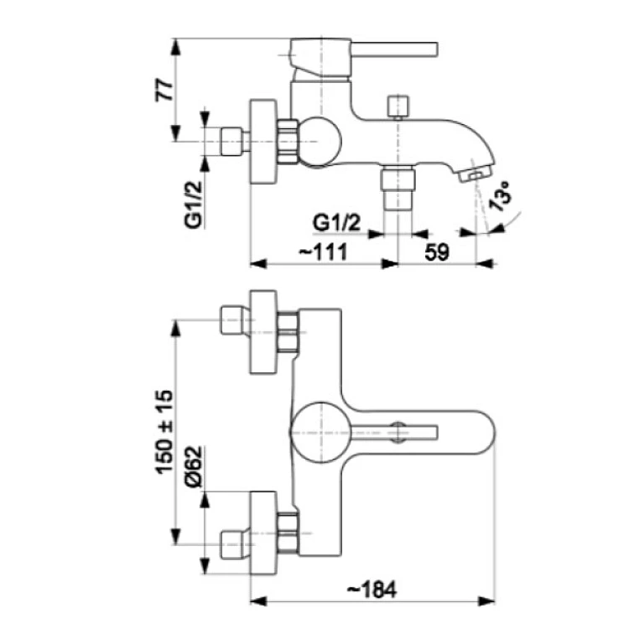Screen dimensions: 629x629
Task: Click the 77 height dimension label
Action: click(164, 90)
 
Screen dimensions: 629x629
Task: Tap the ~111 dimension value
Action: click(324, 252)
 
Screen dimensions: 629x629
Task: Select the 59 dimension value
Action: click(437, 252)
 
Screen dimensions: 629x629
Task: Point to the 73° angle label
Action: click(500, 195)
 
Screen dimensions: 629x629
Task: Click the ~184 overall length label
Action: click(372, 590)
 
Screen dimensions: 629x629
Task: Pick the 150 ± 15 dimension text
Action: click(164, 433)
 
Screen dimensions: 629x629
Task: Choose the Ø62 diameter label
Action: click(195, 466)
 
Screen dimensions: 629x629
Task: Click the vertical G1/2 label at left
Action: click(194, 205)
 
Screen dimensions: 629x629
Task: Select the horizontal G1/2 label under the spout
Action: click(336, 222)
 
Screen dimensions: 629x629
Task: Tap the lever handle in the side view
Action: click(394, 49)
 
